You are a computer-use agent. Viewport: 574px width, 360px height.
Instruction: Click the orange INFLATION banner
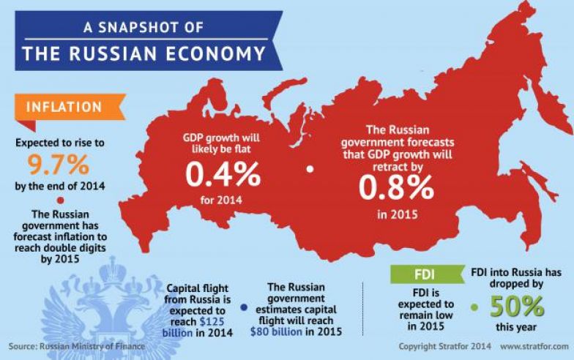(64, 107)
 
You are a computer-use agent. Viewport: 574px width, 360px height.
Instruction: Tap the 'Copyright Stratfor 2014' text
(445, 345)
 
